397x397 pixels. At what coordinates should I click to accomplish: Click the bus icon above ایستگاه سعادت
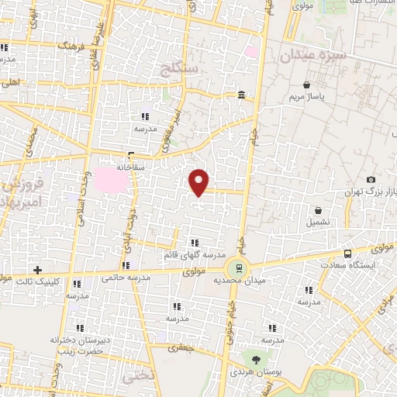click(348, 253)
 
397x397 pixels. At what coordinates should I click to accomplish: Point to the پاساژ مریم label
click(305, 97)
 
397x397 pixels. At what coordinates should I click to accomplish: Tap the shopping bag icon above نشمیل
click(318, 210)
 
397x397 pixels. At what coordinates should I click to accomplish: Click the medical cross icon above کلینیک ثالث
click(37, 269)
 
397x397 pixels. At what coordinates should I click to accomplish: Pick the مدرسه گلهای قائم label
click(194, 254)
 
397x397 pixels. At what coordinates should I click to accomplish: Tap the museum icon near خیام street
click(242, 95)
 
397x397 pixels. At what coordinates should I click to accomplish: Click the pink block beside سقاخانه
click(109, 181)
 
